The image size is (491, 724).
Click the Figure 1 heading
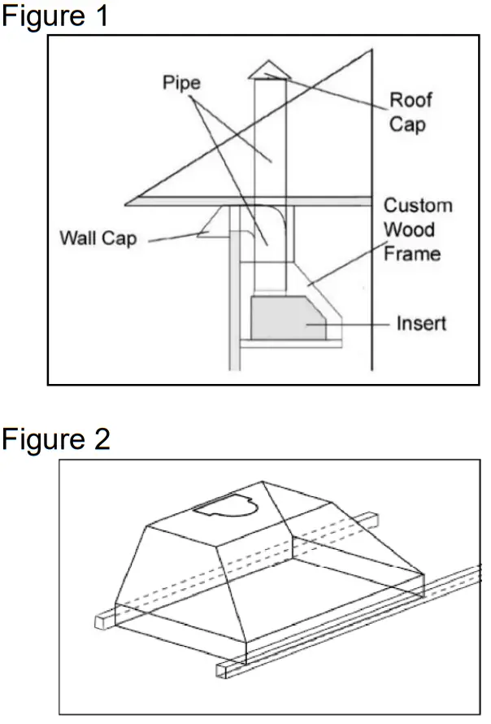tap(54, 16)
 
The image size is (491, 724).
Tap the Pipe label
tap(181, 84)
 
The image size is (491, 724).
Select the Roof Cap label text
tap(411, 112)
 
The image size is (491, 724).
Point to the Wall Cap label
tap(98, 238)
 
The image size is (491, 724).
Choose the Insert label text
tap(421, 324)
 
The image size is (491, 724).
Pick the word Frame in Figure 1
tap(412, 253)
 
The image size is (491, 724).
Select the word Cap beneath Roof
tap(406, 125)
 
